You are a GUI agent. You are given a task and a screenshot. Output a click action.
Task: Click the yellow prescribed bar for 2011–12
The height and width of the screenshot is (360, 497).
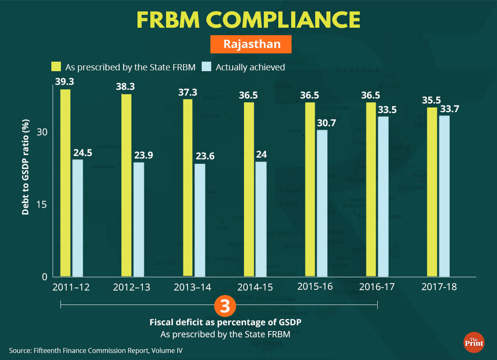pyautogui.click(x=65, y=182)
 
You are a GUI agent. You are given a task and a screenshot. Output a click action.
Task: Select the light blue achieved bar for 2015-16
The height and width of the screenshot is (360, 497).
pyautogui.click(x=322, y=203)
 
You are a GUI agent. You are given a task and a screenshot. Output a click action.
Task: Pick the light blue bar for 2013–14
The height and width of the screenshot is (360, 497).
pyautogui.click(x=200, y=220)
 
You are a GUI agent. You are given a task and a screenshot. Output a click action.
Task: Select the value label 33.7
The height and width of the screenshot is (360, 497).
pyautogui.click(x=449, y=109)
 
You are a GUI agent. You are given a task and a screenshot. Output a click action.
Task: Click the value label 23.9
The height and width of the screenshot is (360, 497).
pyautogui.click(x=143, y=155)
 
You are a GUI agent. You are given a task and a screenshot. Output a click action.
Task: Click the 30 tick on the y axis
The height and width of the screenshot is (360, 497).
pyautogui.click(x=42, y=132)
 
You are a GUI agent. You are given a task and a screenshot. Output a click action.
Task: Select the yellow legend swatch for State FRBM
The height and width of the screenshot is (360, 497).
pyautogui.click(x=56, y=67)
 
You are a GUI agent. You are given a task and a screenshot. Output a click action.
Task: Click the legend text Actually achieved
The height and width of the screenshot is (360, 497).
pyautogui.click(x=250, y=67)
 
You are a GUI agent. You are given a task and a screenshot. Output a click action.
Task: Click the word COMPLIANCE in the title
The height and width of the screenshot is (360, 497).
pyautogui.click(x=288, y=20)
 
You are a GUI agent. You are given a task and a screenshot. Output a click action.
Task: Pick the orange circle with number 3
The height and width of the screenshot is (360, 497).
pyautogui.click(x=224, y=307)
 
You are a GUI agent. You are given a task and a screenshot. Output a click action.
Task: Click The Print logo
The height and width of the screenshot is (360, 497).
pyautogui.click(x=474, y=342)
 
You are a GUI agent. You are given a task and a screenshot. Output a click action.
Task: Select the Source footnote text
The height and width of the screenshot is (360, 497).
pyautogui.click(x=96, y=350)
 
